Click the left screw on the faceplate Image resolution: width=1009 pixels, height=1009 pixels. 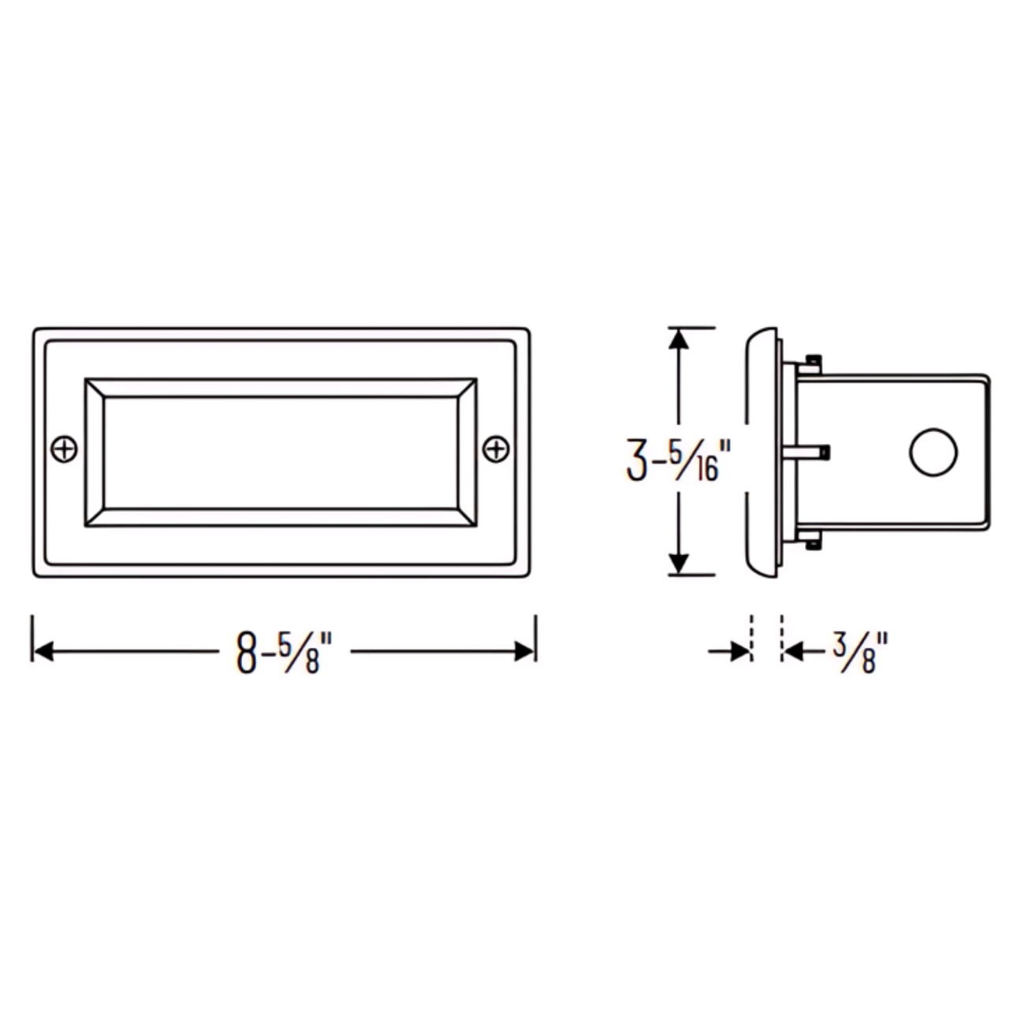tap(65, 449)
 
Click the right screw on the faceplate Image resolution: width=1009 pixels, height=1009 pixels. tap(495, 449)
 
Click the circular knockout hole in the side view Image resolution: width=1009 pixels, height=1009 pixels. tap(933, 452)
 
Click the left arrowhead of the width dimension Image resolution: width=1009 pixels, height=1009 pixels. tap(43, 651)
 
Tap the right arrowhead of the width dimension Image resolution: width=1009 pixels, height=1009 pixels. tap(524, 651)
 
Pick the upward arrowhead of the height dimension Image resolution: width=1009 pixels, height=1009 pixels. tap(679, 339)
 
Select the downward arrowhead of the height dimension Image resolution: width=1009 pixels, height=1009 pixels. tap(679, 564)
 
